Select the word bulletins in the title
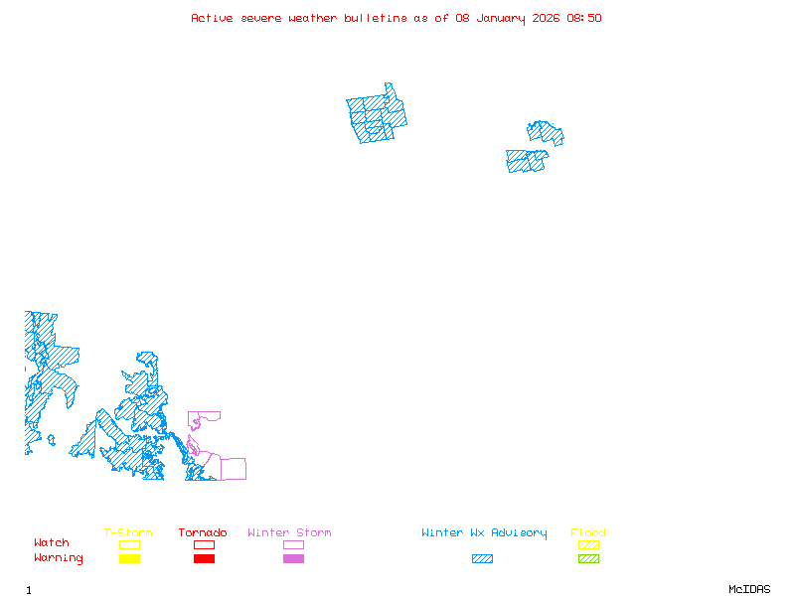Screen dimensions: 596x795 (x=376, y=18)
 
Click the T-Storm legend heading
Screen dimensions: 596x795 (x=128, y=533)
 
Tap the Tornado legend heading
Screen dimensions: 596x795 (x=203, y=533)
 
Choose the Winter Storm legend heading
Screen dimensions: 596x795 (x=289, y=533)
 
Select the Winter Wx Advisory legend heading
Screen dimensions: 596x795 (x=484, y=533)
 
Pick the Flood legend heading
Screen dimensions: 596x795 (x=588, y=533)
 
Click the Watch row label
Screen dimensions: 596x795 (x=52, y=543)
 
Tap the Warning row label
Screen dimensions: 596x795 (x=59, y=558)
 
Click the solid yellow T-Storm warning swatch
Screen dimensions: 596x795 (x=129, y=559)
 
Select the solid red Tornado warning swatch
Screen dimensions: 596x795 (x=204, y=559)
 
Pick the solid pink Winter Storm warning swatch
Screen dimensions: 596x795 (x=293, y=559)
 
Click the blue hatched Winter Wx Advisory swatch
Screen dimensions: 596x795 (x=482, y=559)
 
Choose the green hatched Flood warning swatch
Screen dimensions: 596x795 (x=588, y=559)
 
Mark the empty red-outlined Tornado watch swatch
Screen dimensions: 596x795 (x=204, y=544)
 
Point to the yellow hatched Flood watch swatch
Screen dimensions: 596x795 (x=588, y=544)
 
